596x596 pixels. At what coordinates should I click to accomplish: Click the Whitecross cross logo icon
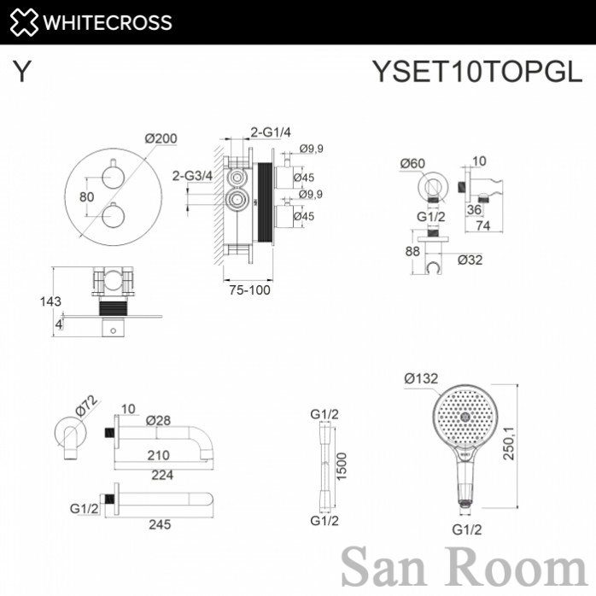24,22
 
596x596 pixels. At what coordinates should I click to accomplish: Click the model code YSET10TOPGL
477,71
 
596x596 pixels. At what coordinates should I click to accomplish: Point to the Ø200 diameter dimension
161,138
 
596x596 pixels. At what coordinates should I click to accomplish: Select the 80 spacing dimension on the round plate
86,197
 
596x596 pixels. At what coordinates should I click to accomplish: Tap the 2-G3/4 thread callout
192,176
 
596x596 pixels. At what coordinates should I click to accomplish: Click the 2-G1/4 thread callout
271,131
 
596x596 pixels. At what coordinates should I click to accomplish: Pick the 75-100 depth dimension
249,290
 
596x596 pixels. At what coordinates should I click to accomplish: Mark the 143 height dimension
50,301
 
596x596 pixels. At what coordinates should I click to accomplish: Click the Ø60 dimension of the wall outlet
412,163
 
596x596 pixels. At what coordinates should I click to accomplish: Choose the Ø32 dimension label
470,260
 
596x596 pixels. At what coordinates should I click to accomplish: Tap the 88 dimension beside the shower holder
412,251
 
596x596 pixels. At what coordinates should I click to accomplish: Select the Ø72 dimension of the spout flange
86,406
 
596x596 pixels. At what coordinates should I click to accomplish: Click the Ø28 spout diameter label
159,420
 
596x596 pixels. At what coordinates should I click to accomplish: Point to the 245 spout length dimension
160,524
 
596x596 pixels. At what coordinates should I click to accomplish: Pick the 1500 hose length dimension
342,466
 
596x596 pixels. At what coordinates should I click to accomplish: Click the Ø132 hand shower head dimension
421,378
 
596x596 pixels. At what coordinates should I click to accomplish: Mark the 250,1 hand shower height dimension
509,443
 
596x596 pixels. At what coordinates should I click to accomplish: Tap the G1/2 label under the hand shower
467,529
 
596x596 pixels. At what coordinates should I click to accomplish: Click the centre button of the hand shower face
465,417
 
